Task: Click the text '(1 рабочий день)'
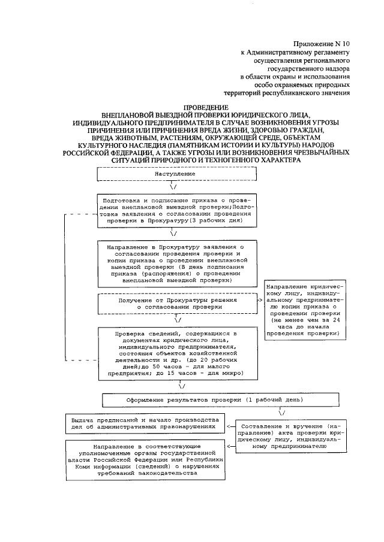click(273, 399)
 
